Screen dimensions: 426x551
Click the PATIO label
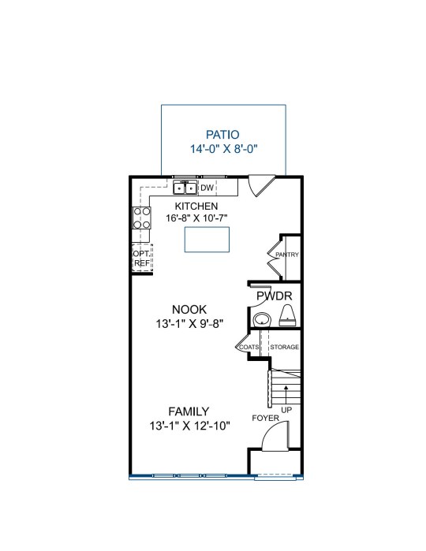tap(222, 135)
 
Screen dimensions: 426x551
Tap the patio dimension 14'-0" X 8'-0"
tap(224, 149)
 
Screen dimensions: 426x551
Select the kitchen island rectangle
tap(207, 240)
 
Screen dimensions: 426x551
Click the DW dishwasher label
tap(207, 188)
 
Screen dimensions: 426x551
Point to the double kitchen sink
tap(185, 188)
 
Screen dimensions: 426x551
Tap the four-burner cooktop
tap(142, 218)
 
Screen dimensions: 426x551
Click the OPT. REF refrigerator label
tap(142, 258)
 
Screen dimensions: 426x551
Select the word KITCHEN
tap(196, 206)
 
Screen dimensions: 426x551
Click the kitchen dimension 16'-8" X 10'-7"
tap(196, 218)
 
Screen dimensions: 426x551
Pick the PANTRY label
tap(287, 255)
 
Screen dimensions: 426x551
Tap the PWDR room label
tap(275, 296)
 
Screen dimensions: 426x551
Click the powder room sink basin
tap(262, 320)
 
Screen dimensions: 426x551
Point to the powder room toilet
tap(288, 315)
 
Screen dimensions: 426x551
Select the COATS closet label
tap(249, 347)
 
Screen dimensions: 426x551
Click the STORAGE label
tap(285, 347)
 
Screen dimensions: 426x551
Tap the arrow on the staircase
tap(286, 394)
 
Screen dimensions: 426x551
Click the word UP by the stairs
tap(286, 410)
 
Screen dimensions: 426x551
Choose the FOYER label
tap(266, 418)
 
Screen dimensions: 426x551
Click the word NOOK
tap(189, 310)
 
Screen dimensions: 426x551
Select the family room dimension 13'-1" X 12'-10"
tap(189, 426)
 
